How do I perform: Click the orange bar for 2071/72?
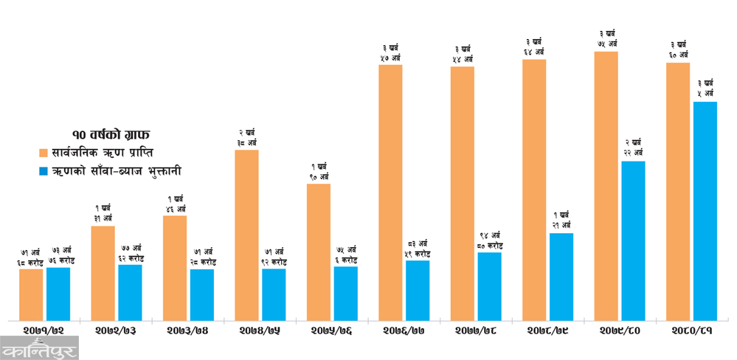[x=31, y=294]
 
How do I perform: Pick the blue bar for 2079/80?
[x=632, y=240]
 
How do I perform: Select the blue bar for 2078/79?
[x=561, y=277]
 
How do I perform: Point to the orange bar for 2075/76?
[x=319, y=252]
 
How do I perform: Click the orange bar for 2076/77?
[x=390, y=192]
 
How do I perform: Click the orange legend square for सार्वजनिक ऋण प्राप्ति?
[x=44, y=153]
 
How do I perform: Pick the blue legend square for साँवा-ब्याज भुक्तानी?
[x=44, y=171]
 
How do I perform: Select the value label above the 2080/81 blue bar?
[x=705, y=89]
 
